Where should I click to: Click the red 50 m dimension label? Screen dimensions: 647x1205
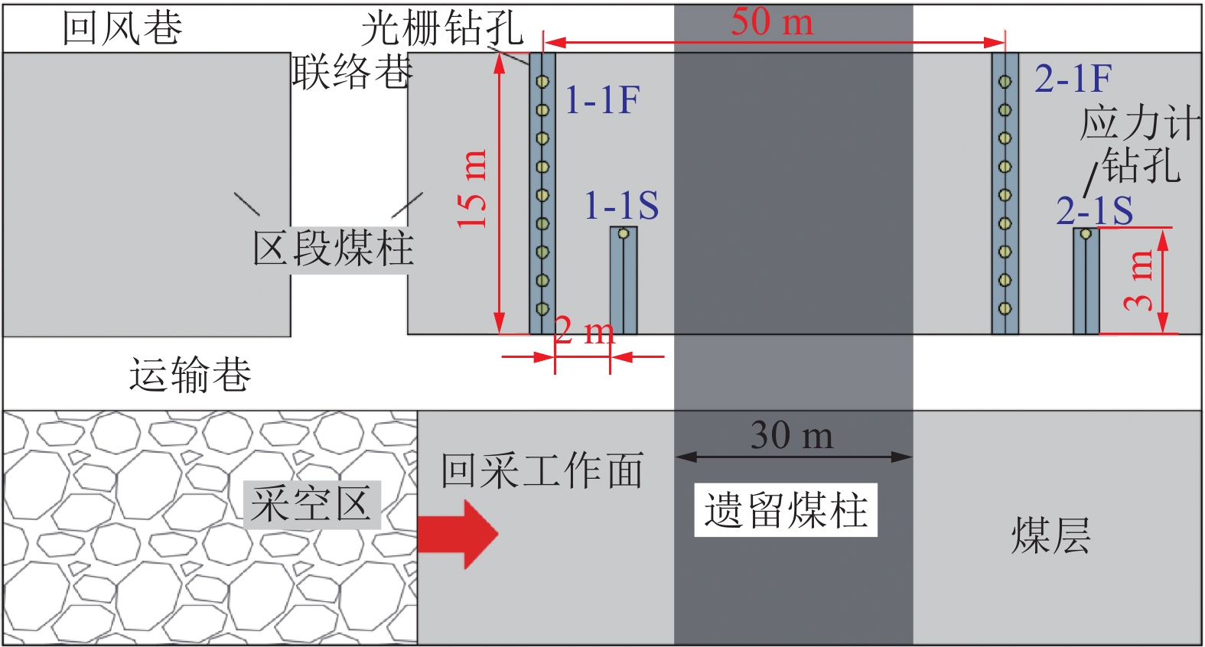[771, 21]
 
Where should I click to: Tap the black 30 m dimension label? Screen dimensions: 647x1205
[792, 435]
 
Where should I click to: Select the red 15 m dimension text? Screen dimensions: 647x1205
[473, 190]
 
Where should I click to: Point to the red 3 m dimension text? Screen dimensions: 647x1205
[1139, 280]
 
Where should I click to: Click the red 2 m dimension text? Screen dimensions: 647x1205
[585, 331]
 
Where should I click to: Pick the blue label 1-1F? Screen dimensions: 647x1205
[602, 100]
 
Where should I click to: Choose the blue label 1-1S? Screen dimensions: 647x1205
[621, 206]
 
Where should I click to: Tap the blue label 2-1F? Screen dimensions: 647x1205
[1073, 78]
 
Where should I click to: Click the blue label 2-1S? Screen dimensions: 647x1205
[1094, 210]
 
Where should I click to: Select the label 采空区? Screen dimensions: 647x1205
[311, 505]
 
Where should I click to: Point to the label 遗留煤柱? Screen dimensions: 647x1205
[786, 510]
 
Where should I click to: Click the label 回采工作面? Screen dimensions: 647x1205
[542, 470]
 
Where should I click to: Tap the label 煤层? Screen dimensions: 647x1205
[1050, 535]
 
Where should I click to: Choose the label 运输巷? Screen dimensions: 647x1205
[190, 375]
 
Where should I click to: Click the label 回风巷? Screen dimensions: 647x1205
[122, 28]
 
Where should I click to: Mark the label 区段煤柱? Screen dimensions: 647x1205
[334, 249]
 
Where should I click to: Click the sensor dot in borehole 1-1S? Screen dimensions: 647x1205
[624, 233]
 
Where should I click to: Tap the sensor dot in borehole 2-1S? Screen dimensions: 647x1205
[1086, 234]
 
